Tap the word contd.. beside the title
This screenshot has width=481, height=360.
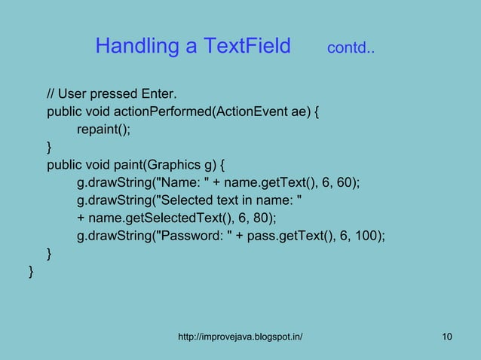352,50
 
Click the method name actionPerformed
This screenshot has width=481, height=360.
167,112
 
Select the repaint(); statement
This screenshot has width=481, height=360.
103,129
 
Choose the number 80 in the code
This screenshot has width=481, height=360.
261,218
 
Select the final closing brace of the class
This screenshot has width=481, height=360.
30,270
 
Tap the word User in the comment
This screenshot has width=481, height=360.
73,94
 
